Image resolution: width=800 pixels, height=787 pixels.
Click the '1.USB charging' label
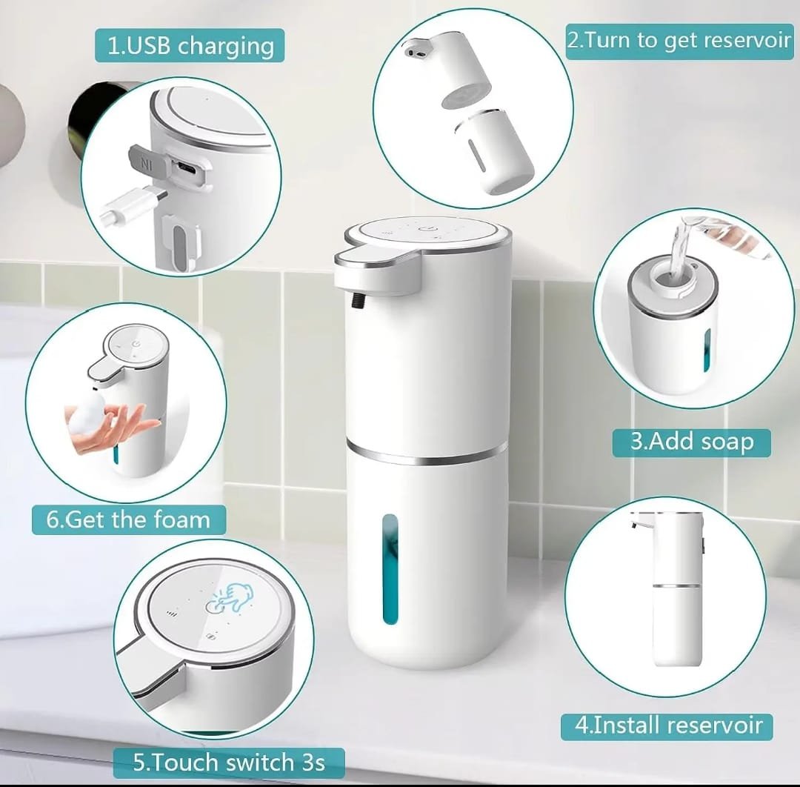(x=190, y=45)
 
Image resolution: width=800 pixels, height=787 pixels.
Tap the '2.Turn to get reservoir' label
(x=679, y=41)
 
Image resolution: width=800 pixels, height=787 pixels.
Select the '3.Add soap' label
(x=691, y=442)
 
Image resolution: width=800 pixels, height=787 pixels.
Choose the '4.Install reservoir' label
(x=667, y=725)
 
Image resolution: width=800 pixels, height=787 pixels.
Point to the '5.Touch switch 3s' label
(x=229, y=763)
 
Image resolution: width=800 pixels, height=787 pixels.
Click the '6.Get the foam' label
(x=129, y=519)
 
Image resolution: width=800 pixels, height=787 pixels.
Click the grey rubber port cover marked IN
(x=144, y=160)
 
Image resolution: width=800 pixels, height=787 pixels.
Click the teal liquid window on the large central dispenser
(x=390, y=569)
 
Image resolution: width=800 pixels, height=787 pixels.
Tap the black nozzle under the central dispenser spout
(x=356, y=300)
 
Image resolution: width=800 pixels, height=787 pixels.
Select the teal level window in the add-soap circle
(x=707, y=350)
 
